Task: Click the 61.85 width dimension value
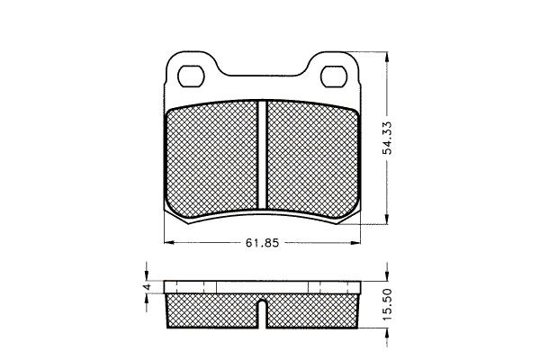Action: (x=262, y=243)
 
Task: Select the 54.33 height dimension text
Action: (x=388, y=138)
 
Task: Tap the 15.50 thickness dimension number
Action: (x=388, y=304)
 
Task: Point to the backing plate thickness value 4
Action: (x=147, y=286)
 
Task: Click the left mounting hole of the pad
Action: (x=191, y=76)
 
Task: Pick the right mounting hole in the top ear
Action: (x=333, y=76)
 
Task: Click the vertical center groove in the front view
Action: (x=263, y=155)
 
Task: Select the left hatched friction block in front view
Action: (x=212, y=159)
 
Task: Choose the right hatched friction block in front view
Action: (x=312, y=159)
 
